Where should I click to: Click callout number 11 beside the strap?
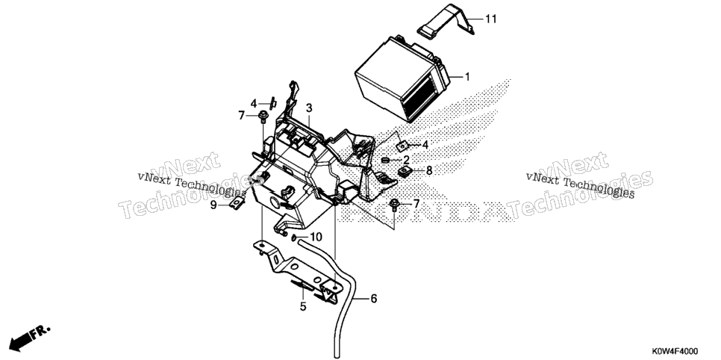490,19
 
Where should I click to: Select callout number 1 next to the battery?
467,77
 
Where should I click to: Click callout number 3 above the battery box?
309,108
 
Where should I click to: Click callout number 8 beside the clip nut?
429,171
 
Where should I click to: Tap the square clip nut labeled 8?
405,173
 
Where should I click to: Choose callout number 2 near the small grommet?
406,160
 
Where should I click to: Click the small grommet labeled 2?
386,160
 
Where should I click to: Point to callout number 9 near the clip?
213,205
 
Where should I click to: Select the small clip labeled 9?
237,202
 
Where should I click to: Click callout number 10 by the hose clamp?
316,237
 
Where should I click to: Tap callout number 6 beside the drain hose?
373,299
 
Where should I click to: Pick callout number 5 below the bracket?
303,306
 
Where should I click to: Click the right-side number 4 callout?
425,145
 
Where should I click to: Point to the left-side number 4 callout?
254,104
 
